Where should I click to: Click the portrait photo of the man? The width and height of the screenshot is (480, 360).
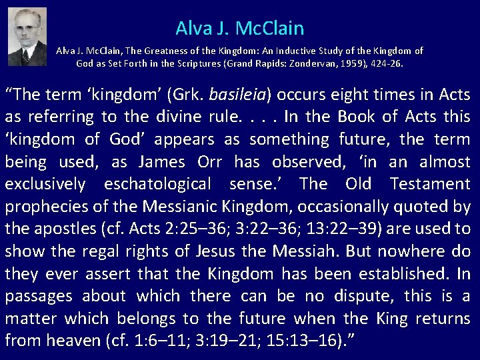pos(28,36)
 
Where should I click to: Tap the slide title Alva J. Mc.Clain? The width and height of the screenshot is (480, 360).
pos(240,28)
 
